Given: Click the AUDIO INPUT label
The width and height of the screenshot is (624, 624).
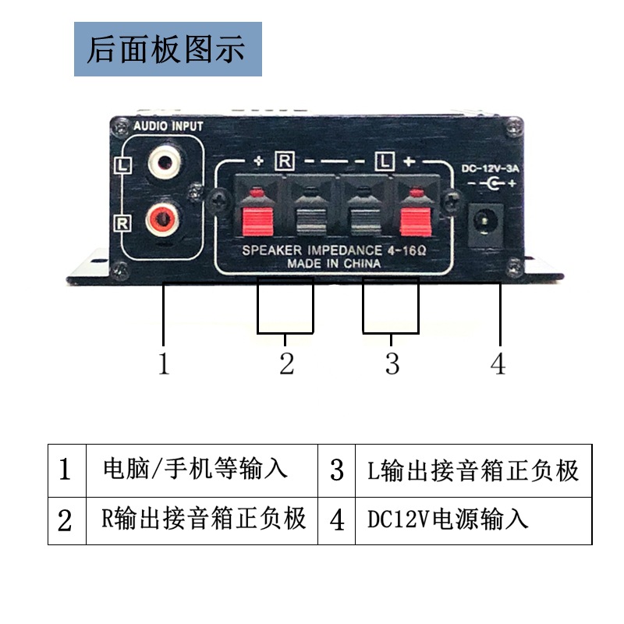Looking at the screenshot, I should point(168,126).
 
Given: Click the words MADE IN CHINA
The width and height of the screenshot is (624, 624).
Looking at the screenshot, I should point(334,264).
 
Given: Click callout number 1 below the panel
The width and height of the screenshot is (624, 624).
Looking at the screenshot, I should point(164,363).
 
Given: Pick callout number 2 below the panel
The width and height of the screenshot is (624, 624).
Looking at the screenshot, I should point(286,363).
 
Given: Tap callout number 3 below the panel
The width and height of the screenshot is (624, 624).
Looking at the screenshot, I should point(392,363).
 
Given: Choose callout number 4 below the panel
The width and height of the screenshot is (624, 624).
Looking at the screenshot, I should point(498,363).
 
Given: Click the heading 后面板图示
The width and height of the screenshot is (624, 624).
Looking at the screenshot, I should point(166,49).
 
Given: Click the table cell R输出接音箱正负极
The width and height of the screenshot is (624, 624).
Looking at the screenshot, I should point(204,519).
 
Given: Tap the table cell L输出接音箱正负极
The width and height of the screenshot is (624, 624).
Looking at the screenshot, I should point(473,470).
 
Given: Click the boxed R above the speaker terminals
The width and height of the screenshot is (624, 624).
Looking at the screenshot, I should point(285,162).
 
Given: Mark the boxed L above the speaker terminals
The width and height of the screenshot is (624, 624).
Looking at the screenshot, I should point(384,162).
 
